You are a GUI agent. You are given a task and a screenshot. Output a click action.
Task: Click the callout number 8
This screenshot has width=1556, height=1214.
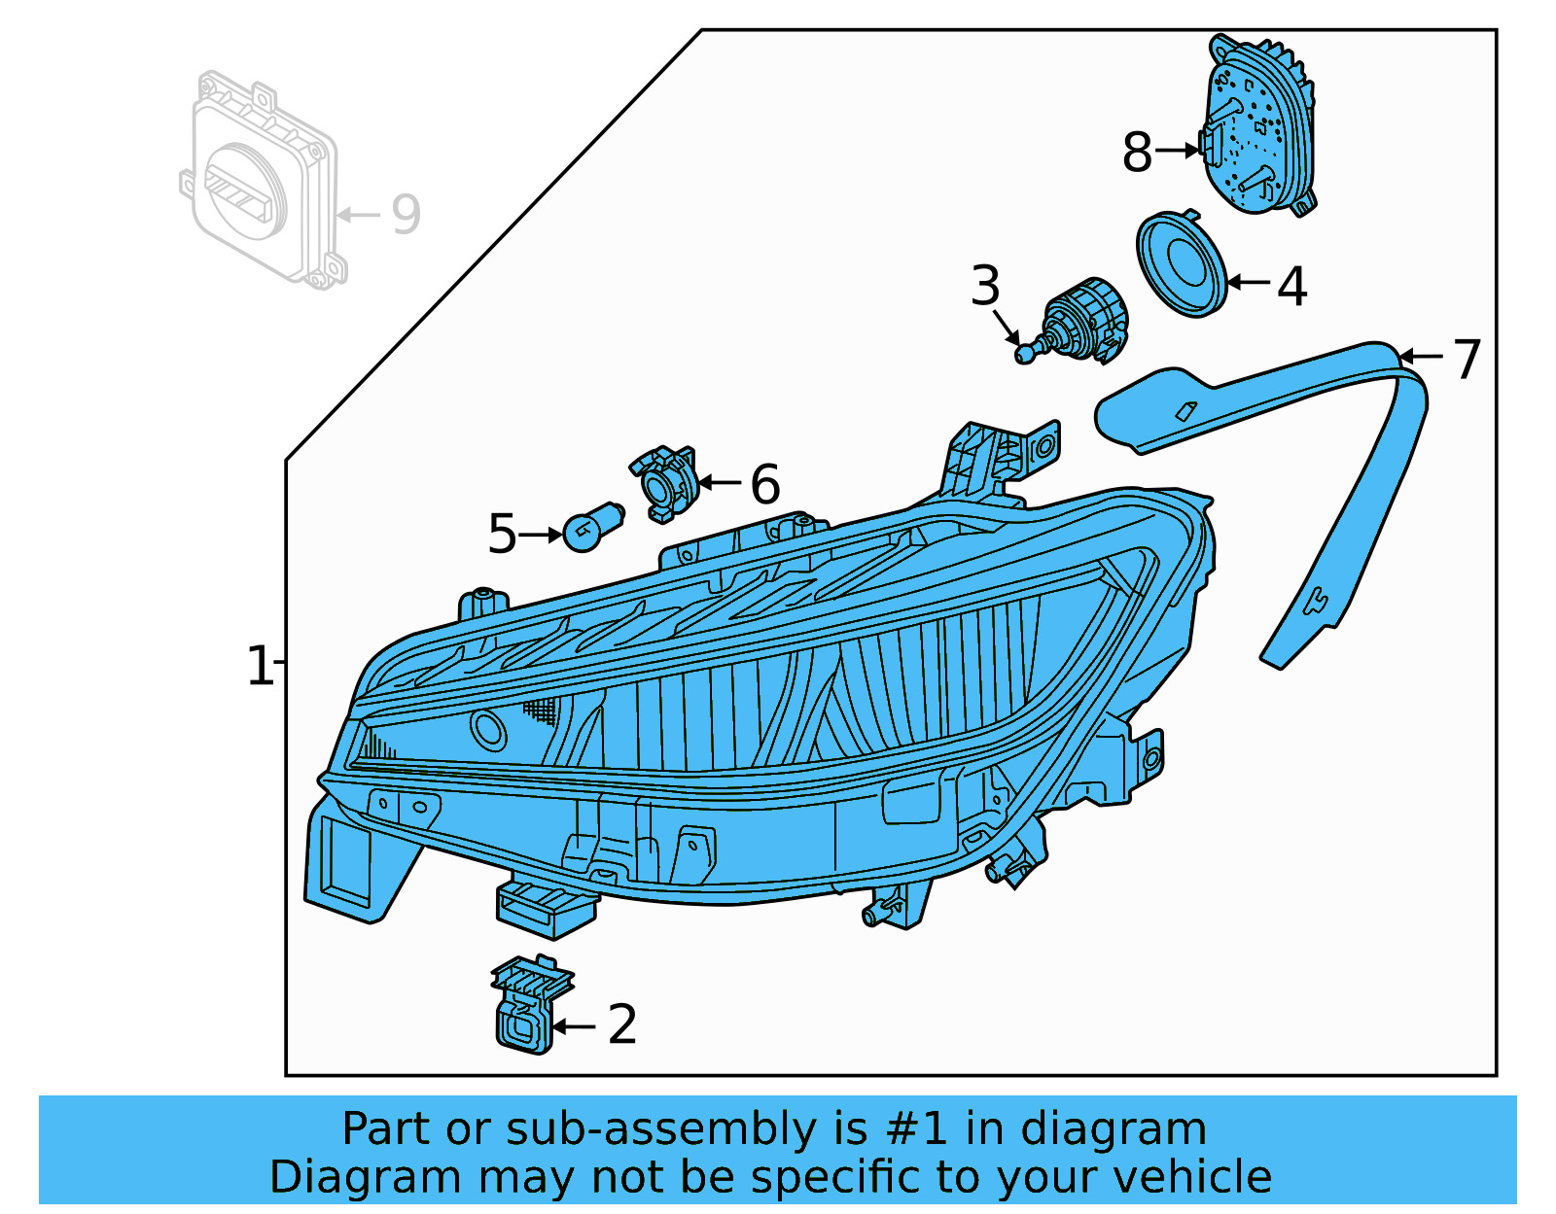1137,153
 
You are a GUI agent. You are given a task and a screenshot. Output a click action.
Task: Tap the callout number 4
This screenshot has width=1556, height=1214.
1291,287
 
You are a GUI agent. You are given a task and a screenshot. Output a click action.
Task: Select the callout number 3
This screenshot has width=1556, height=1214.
985,286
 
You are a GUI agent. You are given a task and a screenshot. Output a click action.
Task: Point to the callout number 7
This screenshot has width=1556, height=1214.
1467,359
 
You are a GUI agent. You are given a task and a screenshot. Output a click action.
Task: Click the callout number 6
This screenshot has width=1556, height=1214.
765,484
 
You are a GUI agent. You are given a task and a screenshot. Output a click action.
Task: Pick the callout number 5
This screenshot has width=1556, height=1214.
502,535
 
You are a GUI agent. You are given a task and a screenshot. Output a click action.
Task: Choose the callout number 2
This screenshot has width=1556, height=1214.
622,1024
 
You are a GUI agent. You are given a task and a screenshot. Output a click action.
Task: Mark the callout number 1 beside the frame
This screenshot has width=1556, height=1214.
260,667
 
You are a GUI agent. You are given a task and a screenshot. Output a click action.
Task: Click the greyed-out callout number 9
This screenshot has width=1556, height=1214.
406,214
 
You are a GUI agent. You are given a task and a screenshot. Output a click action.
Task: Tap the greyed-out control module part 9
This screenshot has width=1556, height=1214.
263,180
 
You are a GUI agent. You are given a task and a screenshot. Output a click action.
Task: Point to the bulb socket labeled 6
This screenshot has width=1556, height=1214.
666,483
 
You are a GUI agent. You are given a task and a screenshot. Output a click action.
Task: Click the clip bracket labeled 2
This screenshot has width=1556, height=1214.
527,1006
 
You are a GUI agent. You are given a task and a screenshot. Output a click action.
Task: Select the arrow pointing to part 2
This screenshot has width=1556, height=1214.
575,1025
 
